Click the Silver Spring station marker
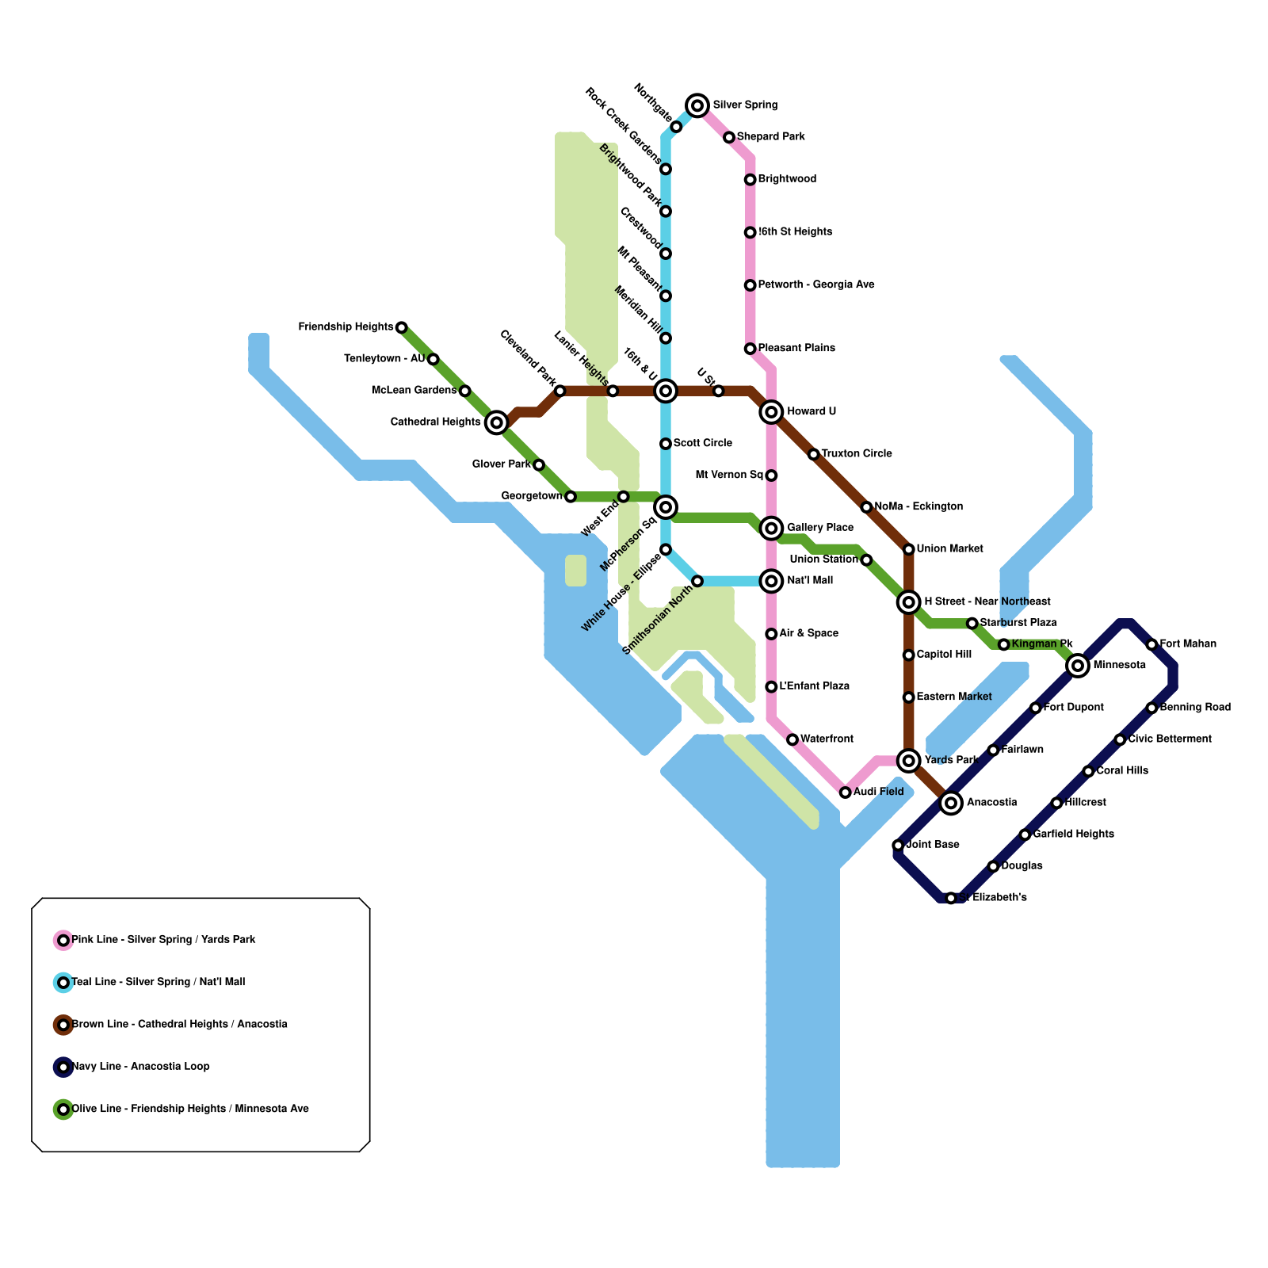[x=697, y=105]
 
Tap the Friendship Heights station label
[x=346, y=327]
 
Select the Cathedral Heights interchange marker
[x=496, y=422]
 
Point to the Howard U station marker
[x=771, y=412]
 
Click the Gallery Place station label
[x=819, y=528]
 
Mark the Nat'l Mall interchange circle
[x=771, y=581]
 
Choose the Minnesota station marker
[x=1077, y=666]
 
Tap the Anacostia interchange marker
[x=951, y=803]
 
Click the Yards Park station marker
[x=909, y=761]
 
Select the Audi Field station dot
[x=846, y=792]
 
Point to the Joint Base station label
[x=932, y=845]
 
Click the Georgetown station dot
[x=571, y=497]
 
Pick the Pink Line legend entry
[x=163, y=940]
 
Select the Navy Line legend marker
[x=63, y=1067]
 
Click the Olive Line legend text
[x=190, y=1109]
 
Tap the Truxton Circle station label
[x=856, y=454]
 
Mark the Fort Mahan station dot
[x=1152, y=645]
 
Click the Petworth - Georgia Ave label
[x=815, y=285]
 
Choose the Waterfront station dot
[x=792, y=739]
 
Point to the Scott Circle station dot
[x=666, y=444]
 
